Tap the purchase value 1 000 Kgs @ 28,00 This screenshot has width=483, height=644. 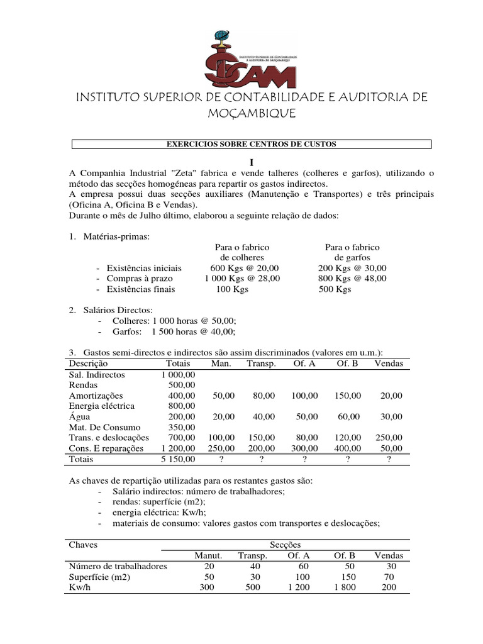(x=242, y=278)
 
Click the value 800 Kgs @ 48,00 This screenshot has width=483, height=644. (x=352, y=278)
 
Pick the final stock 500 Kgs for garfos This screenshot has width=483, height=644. (x=335, y=289)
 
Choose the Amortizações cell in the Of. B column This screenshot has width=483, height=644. (x=346, y=396)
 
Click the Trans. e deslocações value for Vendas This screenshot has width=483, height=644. (x=388, y=437)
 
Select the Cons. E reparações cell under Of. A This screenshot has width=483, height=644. (x=304, y=448)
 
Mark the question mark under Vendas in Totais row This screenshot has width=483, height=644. (x=389, y=460)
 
